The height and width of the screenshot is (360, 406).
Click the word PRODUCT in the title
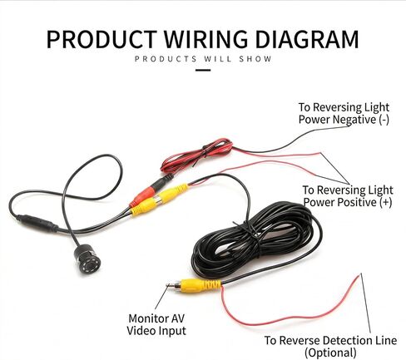(101, 39)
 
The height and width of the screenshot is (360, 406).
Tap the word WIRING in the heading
(205, 39)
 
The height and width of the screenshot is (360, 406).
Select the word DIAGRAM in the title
(307, 39)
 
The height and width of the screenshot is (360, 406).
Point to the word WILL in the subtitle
(218, 59)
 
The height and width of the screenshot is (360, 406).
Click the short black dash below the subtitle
(203, 70)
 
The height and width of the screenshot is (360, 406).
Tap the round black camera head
(87, 259)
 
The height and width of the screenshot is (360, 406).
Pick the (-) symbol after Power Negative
(384, 120)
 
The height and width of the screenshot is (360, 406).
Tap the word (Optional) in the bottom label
(330, 353)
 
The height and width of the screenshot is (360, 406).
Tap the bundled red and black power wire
(197, 155)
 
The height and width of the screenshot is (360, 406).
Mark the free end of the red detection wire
(361, 274)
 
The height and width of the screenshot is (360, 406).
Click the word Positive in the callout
(356, 202)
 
